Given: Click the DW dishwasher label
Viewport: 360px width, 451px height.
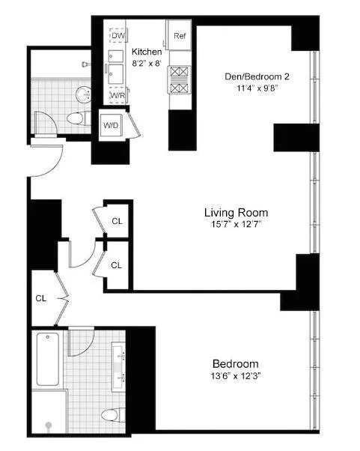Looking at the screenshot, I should pos(118,36).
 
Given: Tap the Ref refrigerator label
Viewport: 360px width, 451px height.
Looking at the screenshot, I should pos(180,36).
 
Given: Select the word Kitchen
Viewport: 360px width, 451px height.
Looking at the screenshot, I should pos(147,52).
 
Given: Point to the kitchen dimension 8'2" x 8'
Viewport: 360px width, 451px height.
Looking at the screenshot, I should pos(147,63).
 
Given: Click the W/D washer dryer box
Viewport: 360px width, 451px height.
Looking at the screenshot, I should pos(110,125).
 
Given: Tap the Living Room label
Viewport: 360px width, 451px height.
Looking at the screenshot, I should pos(236,212).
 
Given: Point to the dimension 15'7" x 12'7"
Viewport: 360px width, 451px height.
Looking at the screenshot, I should pos(236,225).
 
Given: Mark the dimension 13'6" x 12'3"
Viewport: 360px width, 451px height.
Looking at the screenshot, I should pos(234,376).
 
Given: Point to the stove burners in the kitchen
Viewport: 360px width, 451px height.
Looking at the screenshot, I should pos(180,79).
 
